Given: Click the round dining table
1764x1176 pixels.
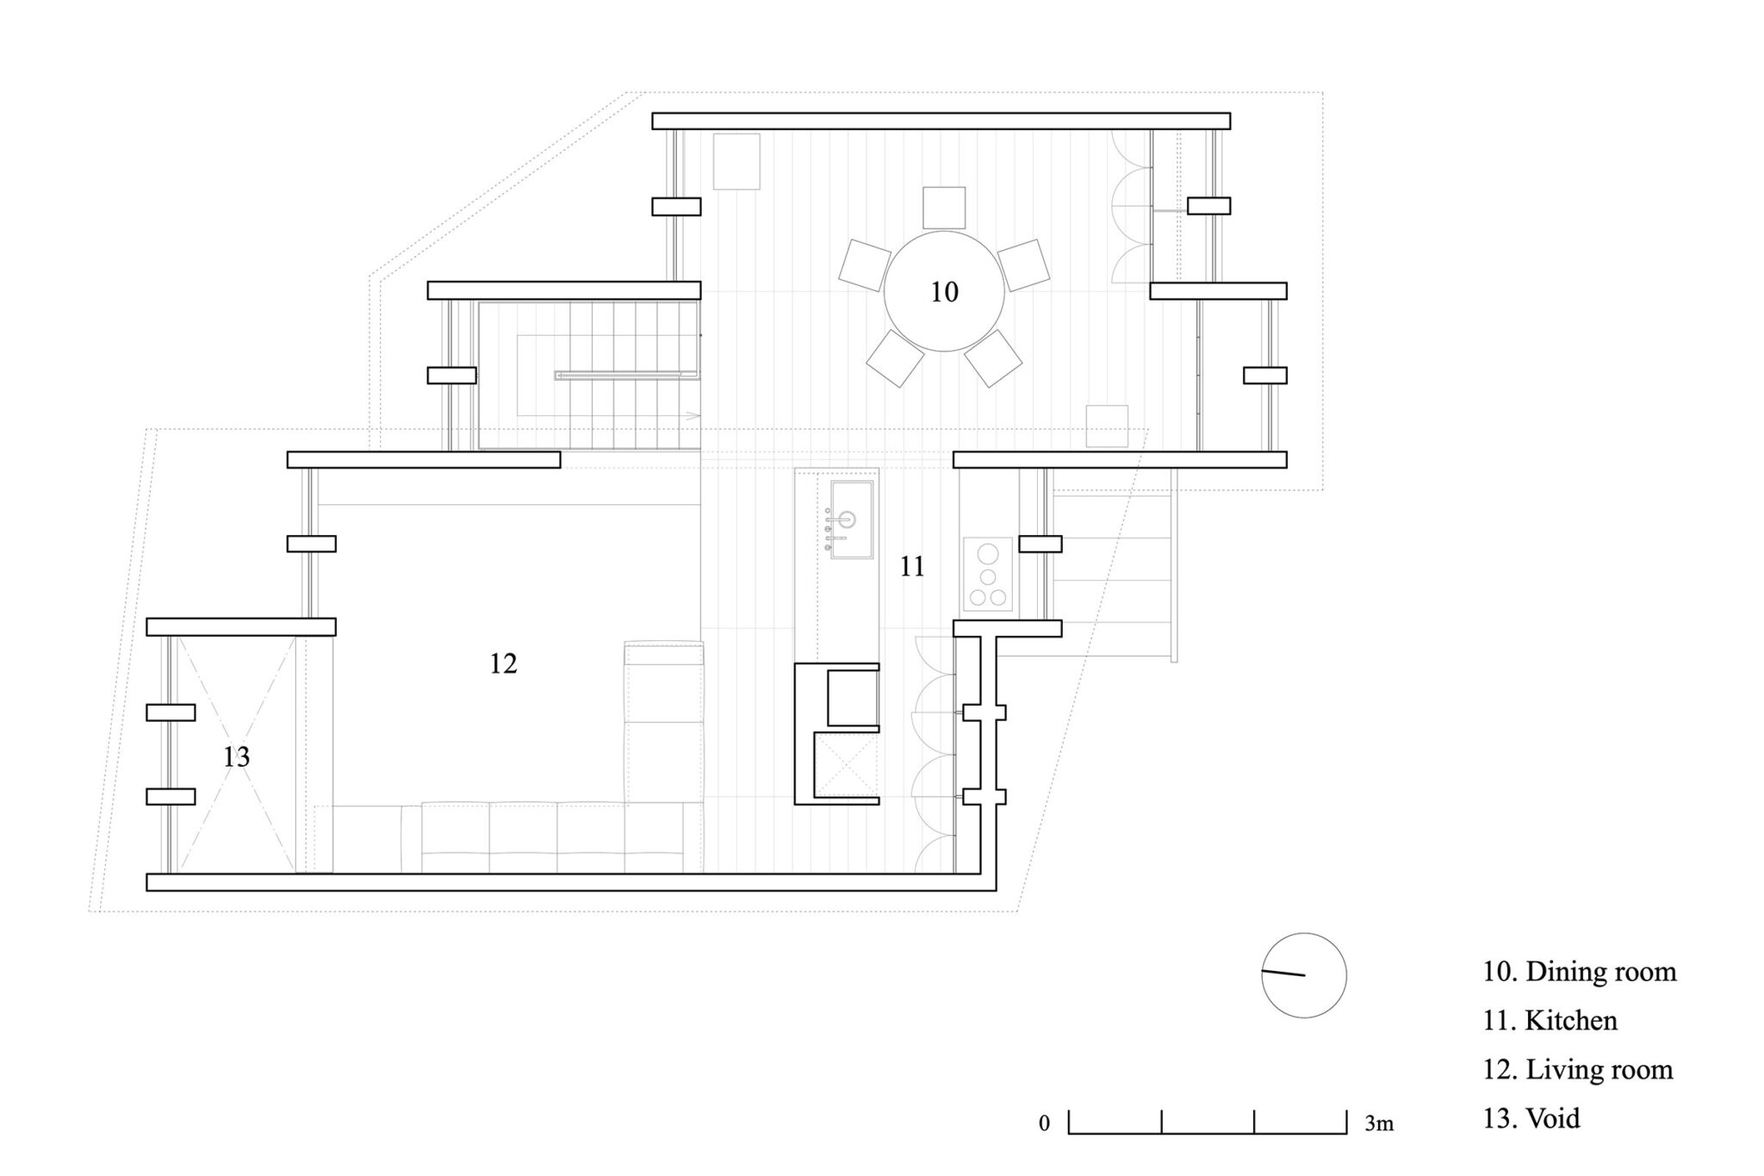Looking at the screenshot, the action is (944, 291).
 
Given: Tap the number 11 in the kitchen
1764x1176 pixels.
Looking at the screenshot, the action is (912, 567).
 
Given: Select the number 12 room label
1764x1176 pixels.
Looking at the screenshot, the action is (503, 663).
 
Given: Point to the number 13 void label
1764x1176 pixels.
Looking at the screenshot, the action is (236, 756).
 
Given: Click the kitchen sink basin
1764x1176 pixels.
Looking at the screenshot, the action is (851, 520).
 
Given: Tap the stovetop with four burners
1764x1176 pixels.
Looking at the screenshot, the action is (988, 575).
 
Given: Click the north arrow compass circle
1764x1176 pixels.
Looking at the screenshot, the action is (1304, 975).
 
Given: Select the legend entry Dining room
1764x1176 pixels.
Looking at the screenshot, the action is (1580, 972).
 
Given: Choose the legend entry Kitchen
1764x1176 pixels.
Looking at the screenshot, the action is (1550, 1021).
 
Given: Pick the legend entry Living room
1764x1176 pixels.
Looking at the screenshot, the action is (1577, 1070).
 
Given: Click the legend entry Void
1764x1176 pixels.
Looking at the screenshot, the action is (1531, 1119).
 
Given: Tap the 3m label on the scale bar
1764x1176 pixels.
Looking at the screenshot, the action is (1379, 1124).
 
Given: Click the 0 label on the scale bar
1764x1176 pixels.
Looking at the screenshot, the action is (1044, 1124).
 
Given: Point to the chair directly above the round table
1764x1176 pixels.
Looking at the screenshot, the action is (944, 208).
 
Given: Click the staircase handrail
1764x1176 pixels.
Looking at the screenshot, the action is (626, 375).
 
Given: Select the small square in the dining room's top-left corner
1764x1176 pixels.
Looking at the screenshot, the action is (736, 161).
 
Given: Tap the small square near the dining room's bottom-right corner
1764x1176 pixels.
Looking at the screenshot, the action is (1107, 426).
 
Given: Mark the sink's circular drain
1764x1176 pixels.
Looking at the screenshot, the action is (848, 520).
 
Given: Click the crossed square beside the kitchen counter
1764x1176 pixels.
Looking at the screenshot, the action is (845, 764).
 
